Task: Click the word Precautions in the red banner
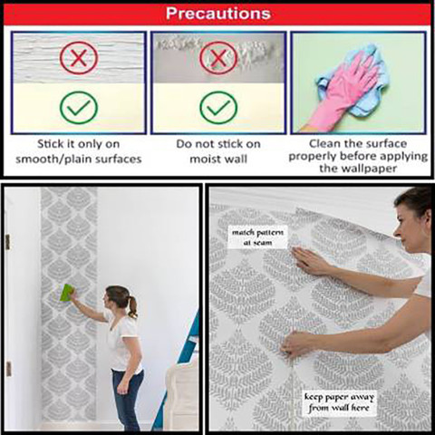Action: [217, 14]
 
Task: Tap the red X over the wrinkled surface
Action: [79, 58]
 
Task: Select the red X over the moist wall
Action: [218, 58]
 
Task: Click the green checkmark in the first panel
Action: [79, 108]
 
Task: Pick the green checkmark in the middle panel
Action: [218, 108]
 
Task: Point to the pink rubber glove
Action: [344, 91]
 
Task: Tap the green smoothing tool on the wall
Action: [67, 293]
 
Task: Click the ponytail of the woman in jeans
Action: [132, 306]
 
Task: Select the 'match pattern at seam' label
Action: [257, 237]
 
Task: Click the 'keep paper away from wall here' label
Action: [339, 402]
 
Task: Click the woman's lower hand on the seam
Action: [297, 343]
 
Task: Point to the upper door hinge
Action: [7, 242]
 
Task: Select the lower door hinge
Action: [8, 369]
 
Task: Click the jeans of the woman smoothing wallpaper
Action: [127, 399]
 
